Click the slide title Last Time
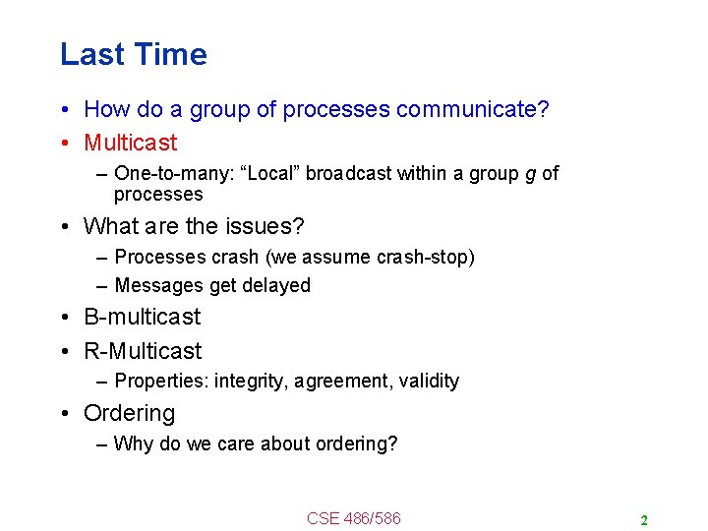tap(134, 54)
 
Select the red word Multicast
tap(131, 143)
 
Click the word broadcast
tap(350, 174)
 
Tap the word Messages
tap(159, 286)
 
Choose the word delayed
tap(276, 286)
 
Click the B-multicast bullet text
tap(143, 317)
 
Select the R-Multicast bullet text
tap(143, 351)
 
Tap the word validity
tap(429, 382)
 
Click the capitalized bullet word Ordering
tap(130, 413)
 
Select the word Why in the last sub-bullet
tap(134, 443)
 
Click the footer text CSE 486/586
tap(354, 518)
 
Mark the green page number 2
tap(643, 520)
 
